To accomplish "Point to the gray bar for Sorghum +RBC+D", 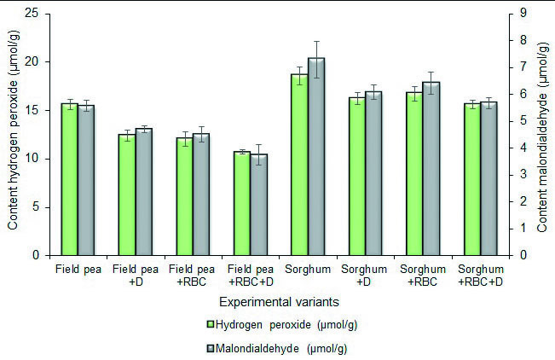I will pos(489,178).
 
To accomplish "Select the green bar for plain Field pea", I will pos(69,179).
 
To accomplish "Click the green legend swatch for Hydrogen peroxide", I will pos(210,325).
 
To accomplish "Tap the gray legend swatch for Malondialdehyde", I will pos(210,348).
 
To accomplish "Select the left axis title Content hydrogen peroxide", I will pos(13,135).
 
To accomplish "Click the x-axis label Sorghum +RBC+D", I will pos(480,276).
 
